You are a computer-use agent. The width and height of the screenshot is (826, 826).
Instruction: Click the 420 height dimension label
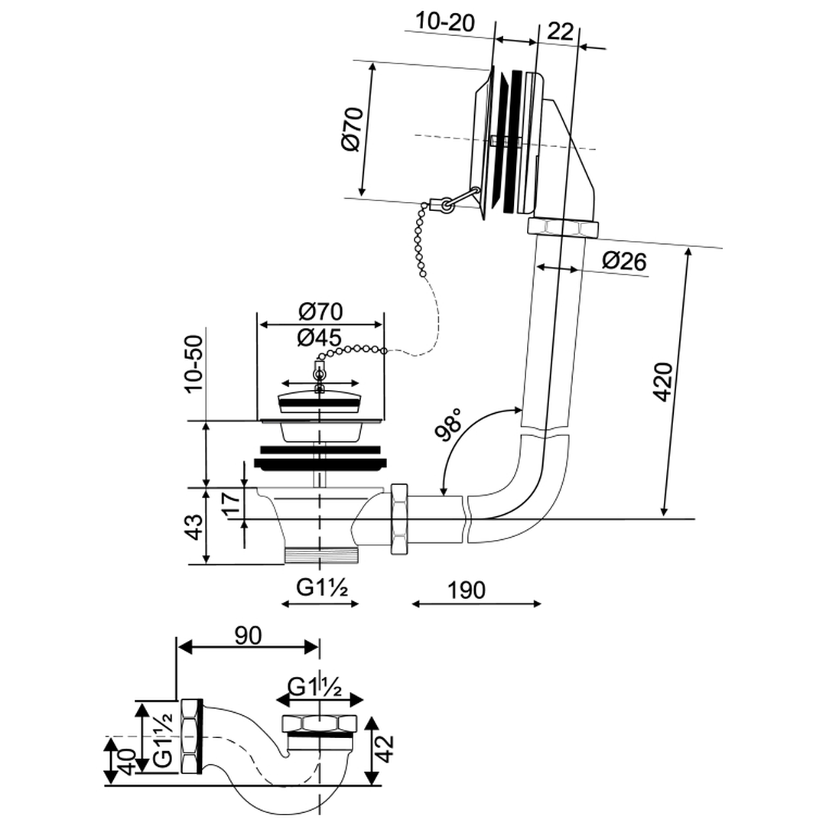[662, 382]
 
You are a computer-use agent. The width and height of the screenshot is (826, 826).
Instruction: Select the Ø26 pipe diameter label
[623, 262]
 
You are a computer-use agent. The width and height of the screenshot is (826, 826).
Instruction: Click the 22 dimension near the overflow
[561, 31]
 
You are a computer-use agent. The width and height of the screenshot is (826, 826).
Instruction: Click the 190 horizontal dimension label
[467, 590]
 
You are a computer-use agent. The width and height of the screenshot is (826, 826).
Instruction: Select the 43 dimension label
[194, 527]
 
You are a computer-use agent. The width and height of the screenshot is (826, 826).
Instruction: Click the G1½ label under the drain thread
[323, 589]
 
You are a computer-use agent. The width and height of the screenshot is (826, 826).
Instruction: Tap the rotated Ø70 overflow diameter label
[353, 130]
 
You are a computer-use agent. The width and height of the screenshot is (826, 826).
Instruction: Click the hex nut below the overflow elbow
[562, 227]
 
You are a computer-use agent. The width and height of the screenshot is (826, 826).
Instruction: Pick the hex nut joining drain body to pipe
[400, 519]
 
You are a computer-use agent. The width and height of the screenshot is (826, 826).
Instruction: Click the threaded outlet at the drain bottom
[320, 555]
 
